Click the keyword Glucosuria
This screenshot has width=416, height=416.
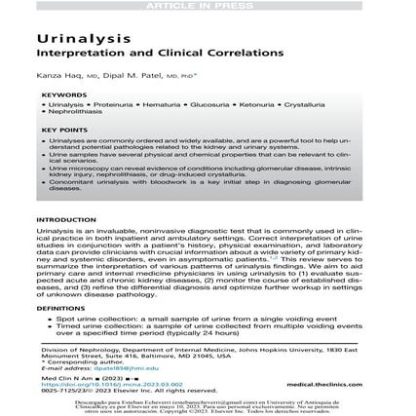(x=204, y=102)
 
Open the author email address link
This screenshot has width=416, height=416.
(x=106, y=368)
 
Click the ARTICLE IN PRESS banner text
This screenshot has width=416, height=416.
(x=207, y=6)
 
